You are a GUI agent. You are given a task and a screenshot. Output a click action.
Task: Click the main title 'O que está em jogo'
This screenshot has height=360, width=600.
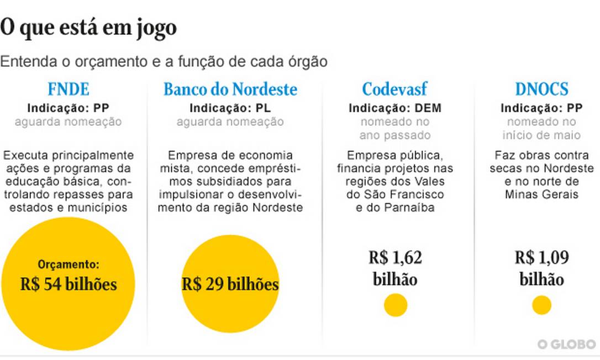[88, 28]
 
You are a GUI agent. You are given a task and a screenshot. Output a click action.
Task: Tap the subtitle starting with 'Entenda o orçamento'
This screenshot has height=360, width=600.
[164, 61]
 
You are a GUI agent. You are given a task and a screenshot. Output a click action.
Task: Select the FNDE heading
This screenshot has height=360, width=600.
[68, 89]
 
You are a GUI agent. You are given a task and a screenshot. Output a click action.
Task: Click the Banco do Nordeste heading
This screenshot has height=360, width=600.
[230, 89]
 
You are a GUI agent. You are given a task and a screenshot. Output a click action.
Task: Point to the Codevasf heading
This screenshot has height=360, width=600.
[394, 89]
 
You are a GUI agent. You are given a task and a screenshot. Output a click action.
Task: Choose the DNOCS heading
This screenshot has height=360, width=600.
[541, 89]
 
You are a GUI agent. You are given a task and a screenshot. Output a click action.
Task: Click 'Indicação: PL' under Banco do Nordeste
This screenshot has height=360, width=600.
[230, 108]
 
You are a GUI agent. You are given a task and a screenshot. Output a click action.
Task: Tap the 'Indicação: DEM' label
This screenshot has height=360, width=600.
[394, 108]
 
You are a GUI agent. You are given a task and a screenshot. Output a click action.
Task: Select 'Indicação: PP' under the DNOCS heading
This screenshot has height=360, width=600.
[541, 108]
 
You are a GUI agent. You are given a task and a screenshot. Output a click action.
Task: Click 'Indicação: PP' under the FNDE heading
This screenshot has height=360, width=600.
[68, 108]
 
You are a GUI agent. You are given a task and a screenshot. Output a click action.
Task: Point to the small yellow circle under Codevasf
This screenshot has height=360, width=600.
[396, 305]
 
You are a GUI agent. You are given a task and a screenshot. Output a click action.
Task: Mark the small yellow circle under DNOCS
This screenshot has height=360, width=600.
[541, 305]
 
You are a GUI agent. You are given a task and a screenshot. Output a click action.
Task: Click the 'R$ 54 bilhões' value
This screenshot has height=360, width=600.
[69, 284]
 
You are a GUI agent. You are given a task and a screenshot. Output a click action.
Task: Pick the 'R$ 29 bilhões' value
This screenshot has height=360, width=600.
[230, 284]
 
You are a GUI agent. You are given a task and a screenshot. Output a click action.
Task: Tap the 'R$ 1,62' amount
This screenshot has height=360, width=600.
[395, 258]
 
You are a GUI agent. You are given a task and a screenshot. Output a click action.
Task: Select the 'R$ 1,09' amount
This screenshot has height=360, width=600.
[541, 258]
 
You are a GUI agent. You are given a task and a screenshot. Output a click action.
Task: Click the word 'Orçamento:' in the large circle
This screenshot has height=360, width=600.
[69, 264]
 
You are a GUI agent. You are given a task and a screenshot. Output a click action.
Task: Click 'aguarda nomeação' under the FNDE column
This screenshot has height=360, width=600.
[68, 121]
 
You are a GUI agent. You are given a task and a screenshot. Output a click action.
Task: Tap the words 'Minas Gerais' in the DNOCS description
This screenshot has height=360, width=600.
[541, 194]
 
